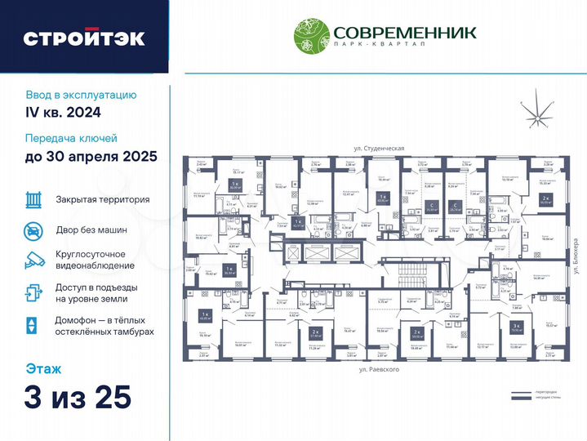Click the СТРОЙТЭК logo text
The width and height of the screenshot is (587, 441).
(84, 38)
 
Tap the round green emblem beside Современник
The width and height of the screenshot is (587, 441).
(311, 36)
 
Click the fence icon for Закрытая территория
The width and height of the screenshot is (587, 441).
(33, 199)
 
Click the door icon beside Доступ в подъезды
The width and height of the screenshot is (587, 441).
(33, 292)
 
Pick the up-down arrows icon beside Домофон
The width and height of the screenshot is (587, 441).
(32, 325)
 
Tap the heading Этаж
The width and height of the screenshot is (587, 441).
(42, 367)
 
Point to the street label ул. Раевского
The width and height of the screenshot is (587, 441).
(379, 370)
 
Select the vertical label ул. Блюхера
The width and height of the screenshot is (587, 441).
(575, 255)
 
